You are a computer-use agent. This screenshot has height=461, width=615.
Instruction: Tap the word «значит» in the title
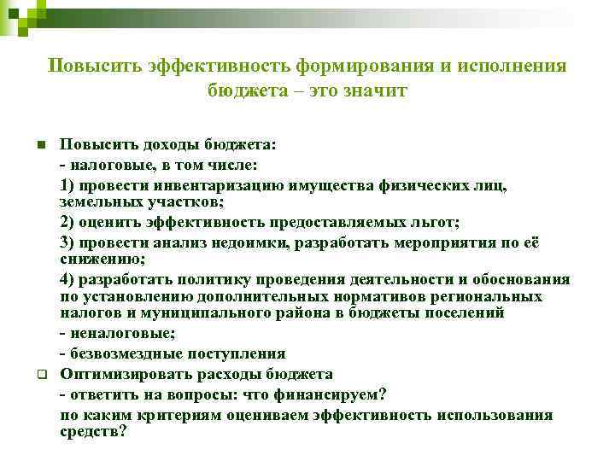pyautogui.click(x=376, y=90)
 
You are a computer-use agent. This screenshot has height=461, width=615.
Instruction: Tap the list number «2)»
pyautogui.click(x=69, y=223)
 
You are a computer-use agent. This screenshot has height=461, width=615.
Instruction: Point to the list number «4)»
pyautogui.click(x=69, y=279)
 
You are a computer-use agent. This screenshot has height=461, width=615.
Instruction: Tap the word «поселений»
pyautogui.click(x=466, y=312)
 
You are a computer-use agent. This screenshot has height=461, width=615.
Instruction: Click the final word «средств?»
pyautogui.click(x=93, y=431)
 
